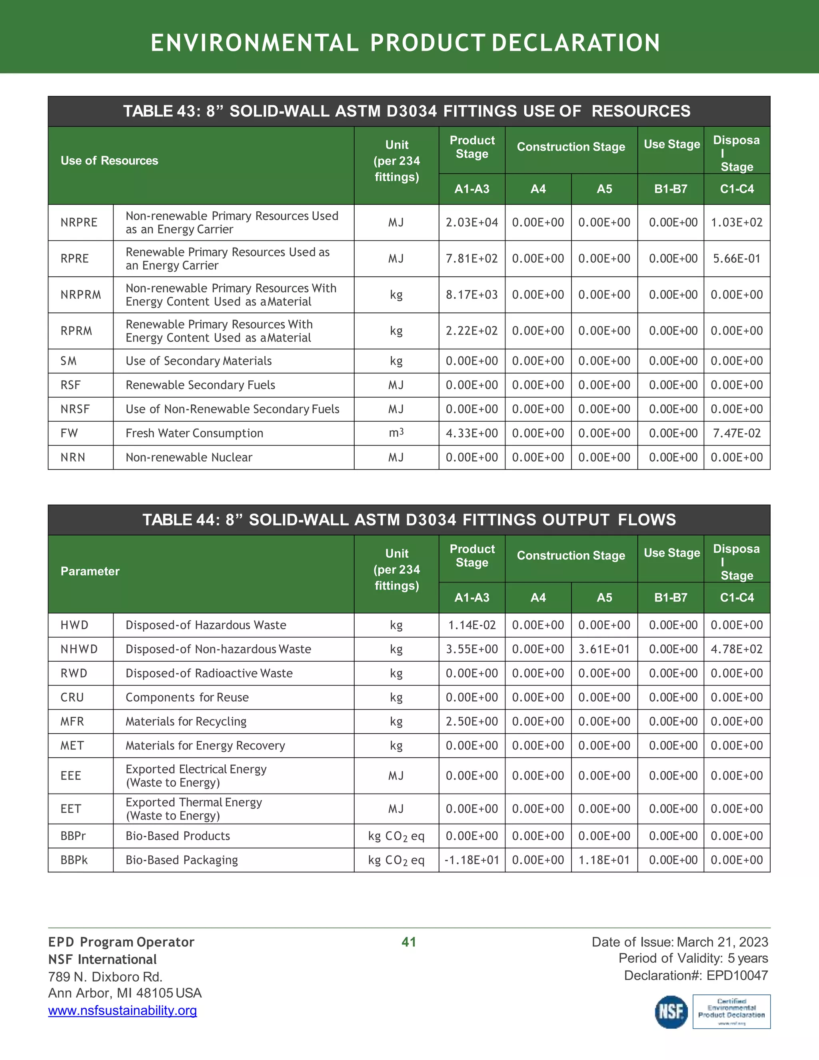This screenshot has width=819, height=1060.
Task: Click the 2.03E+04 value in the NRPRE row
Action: (x=471, y=222)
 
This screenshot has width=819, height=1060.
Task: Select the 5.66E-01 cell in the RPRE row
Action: (x=737, y=259)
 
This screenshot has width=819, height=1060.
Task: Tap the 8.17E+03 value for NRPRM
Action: (x=471, y=295)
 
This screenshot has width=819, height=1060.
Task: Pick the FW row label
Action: (x=69, y=433)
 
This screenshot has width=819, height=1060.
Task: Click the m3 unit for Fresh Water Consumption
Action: (x=396, y=432)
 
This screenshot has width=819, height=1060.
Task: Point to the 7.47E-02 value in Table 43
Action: (x=737, y=433)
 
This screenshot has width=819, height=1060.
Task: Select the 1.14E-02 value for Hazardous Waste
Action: (x=471, y=625)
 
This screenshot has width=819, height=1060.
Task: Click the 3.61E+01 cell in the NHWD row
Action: (x=604, y=649)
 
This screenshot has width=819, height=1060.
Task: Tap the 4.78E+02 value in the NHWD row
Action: (x=737, y=649)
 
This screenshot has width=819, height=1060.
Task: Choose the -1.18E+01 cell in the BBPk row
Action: (x=471, y=860)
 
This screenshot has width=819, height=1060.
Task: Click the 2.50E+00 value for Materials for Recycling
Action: (x=471, y=721)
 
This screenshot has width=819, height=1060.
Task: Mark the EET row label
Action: (x=71, y=808)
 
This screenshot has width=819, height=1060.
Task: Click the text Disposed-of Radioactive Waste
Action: (x=209, y=673)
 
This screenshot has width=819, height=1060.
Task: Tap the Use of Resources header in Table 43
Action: (x=109, y=161)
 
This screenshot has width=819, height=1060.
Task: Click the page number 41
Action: (x=409, y=942)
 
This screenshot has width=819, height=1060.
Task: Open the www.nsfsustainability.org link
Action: (x=122, y=1010)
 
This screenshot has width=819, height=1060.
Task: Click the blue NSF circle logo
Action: (x=671, y=1012)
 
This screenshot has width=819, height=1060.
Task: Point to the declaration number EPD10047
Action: (x=737, y=975)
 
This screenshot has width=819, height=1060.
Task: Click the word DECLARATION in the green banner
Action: (x=575, y=43)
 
